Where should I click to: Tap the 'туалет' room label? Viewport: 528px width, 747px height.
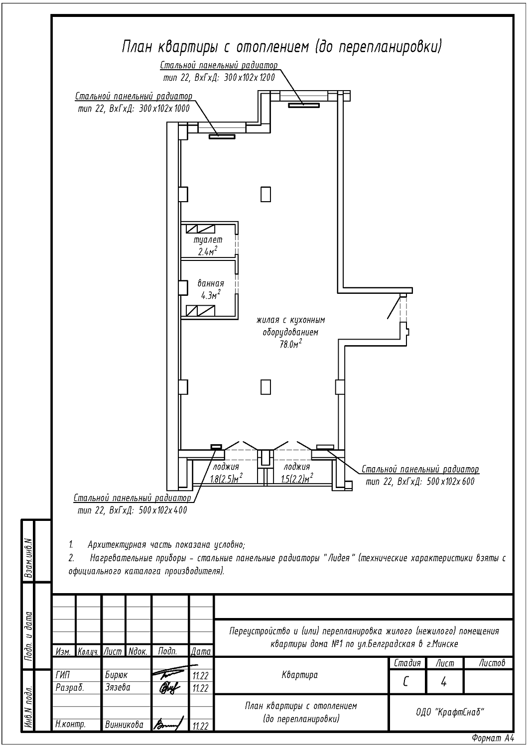208,240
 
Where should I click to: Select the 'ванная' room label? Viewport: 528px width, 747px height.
211,283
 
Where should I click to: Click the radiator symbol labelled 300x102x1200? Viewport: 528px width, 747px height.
304,106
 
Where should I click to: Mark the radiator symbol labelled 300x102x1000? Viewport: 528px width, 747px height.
222,136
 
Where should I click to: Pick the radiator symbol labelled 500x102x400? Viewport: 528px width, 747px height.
216,447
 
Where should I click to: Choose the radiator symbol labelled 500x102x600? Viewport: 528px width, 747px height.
325,447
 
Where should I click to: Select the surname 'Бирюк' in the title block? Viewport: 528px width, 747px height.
117,675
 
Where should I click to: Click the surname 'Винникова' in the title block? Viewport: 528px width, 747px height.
124,725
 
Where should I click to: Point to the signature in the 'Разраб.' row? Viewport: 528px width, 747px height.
170,688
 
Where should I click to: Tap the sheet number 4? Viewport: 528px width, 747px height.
444,682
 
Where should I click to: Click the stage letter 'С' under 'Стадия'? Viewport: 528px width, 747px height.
405,682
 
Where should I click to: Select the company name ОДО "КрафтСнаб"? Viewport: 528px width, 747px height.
450,712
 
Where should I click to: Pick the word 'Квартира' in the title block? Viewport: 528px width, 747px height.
300,675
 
